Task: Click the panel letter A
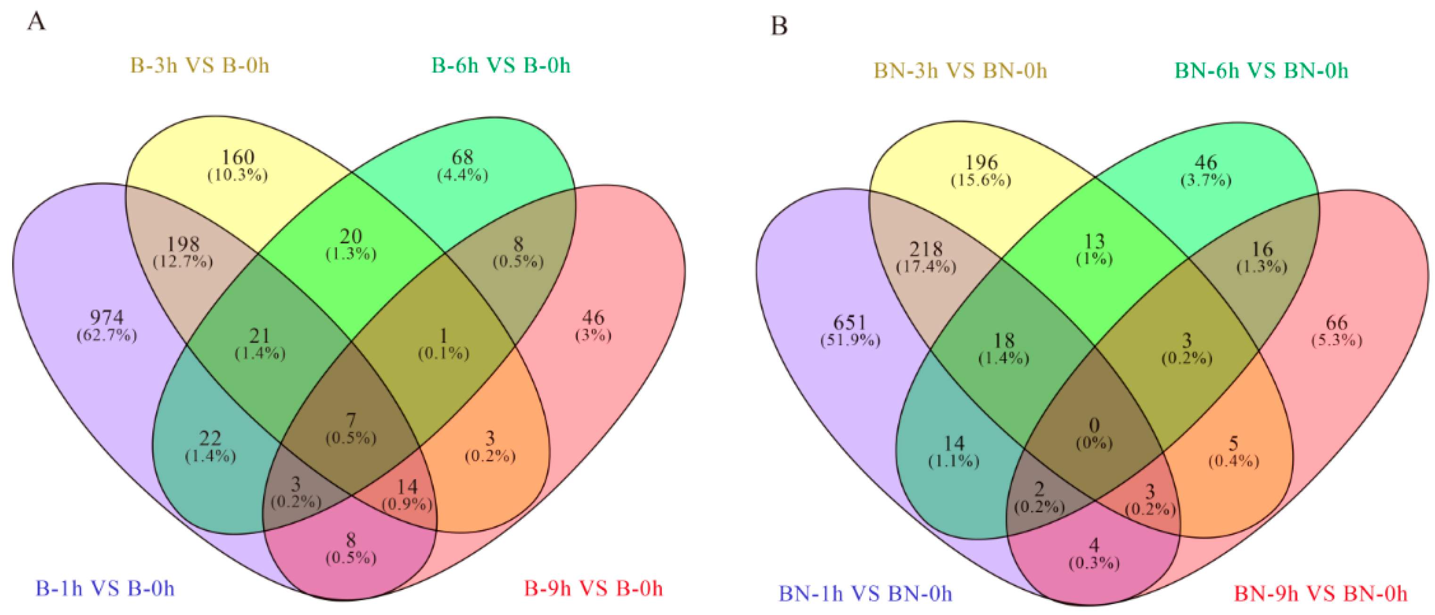pos(36,22)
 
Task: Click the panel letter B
pos(779,25)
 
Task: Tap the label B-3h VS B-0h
pos(199,66)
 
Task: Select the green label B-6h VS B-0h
pos(501,66)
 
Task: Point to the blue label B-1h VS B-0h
pos(105,589)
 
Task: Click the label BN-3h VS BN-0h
pos(960,71)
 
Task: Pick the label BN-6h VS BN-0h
pos(1261,71)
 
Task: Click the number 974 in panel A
pos(107,317)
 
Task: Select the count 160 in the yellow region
pos(238,157)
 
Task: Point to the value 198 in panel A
pos(183,244)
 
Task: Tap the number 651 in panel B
pos(849,323)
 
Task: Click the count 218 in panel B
pos(926,249)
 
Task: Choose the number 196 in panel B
pos(981,163)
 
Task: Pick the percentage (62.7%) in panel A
pos(107,335)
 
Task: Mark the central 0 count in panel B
pos(1094,425)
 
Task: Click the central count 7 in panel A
pos(351,421)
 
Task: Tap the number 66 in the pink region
pos(1336,323)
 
